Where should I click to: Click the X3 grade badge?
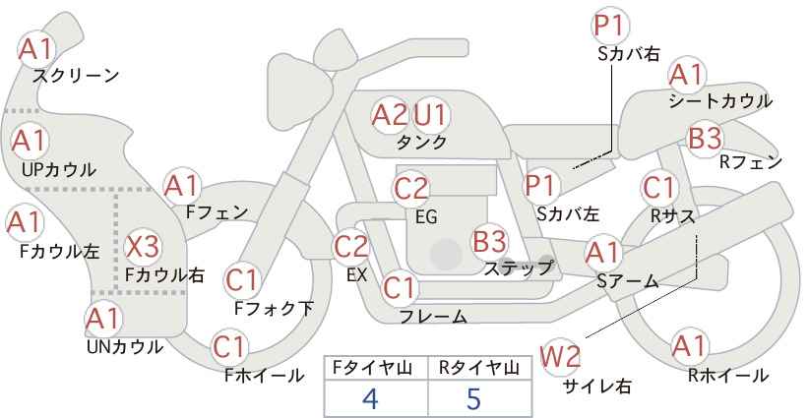(143, 247)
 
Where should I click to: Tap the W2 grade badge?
(560, 357)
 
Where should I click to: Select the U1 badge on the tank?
(431, 115)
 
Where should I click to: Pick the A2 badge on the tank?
(389, 115)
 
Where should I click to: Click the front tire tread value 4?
(370, 398)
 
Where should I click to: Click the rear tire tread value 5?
(473, 398)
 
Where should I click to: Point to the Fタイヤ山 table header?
(372, 368)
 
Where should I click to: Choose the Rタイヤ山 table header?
(478, 368)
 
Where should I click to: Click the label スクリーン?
(76, 77)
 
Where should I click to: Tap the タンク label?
(421, 143)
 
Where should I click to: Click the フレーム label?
(433, 316)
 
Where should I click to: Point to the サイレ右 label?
(596, 386)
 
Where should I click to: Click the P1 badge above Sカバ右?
(611, 26)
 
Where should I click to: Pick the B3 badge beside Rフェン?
(705, 138)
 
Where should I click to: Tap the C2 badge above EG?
(410, 189)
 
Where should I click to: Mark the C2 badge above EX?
(351, 247)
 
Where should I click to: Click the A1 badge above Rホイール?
(689, 346)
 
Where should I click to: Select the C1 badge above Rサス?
(658, 188)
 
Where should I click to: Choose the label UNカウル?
(125, 347)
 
